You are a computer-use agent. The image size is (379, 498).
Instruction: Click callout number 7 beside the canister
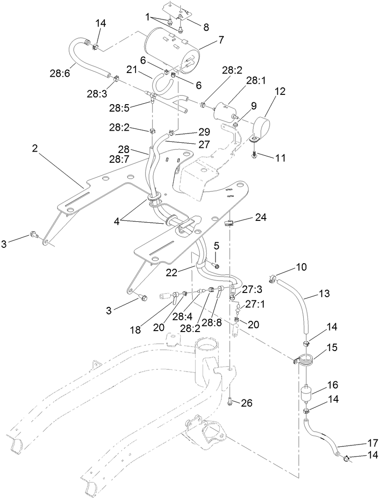point(221,40)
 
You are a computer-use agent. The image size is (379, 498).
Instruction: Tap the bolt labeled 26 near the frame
point(231,400)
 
